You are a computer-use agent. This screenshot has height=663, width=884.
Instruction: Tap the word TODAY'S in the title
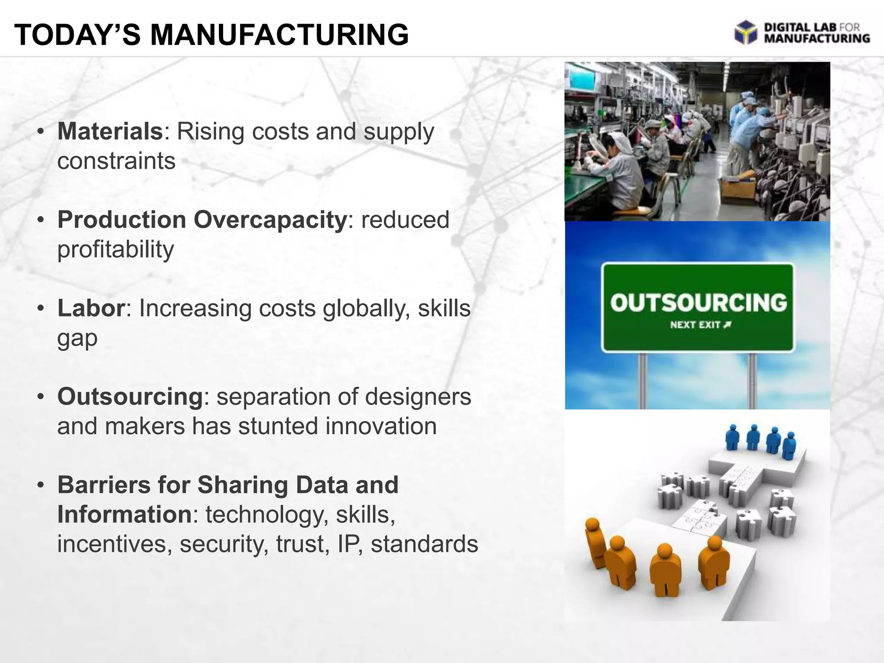click(78, 35)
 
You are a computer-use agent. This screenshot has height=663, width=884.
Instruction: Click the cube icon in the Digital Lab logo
click(745, 32)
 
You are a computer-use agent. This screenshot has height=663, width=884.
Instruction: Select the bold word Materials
click(110, 131)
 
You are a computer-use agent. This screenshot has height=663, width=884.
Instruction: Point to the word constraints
click(116, 161)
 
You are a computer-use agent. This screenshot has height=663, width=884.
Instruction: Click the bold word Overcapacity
click(270, 220)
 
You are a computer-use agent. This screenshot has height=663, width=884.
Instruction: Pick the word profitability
click(115, 249)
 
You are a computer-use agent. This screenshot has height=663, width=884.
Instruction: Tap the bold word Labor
click(91, 308)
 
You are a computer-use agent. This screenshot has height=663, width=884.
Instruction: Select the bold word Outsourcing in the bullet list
click(130, 397)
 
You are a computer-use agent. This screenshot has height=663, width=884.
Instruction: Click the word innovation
click(381, 426)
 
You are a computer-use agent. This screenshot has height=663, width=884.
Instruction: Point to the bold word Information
click(124, 515)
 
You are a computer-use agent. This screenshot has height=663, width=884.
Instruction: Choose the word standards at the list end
click(424, 544)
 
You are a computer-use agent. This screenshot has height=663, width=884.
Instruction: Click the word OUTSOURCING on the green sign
click(698, 303)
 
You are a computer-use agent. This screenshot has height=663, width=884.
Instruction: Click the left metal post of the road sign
click(642, 380)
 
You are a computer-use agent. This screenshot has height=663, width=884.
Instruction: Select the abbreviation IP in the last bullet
click(347, 544)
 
